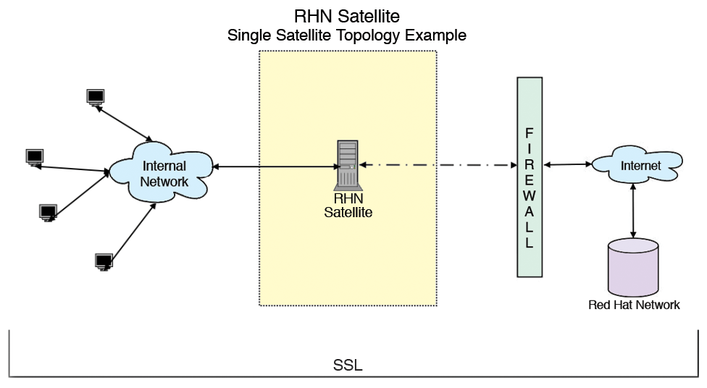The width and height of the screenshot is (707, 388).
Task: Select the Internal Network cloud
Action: tap(163, 174)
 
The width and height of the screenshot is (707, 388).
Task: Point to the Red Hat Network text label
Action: tap(634, 305)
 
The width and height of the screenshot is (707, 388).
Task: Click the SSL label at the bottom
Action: tap(348, 365)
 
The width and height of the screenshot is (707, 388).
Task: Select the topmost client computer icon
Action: tap(95, 97)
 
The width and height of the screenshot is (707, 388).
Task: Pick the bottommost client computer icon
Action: tap(104, 260)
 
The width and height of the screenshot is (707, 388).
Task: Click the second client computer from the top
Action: tap(34, 157)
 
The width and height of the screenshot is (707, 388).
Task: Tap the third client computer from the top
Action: tap(48, 212)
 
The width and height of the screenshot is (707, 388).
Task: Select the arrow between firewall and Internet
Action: tap(566, 165)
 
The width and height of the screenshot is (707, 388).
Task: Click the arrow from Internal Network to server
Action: tap(275, 168)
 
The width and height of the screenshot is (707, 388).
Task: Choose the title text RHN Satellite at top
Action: tap(347, 15)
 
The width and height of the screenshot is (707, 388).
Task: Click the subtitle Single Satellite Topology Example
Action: tap(347, 35)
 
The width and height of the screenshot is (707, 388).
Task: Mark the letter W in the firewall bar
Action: tap(530, 195)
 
